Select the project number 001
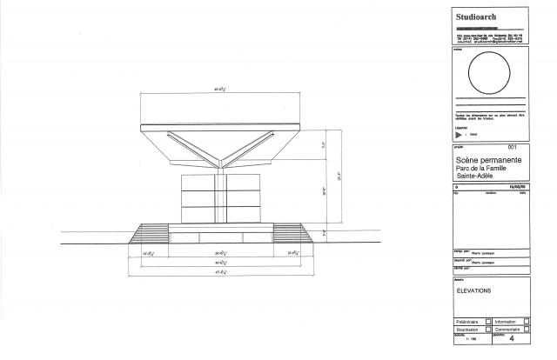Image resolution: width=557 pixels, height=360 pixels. click(513, 148)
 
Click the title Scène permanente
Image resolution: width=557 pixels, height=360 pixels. click(489, 161)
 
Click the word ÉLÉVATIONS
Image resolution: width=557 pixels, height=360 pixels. click(474, 291)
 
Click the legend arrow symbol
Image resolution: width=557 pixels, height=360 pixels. click(459, 134)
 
